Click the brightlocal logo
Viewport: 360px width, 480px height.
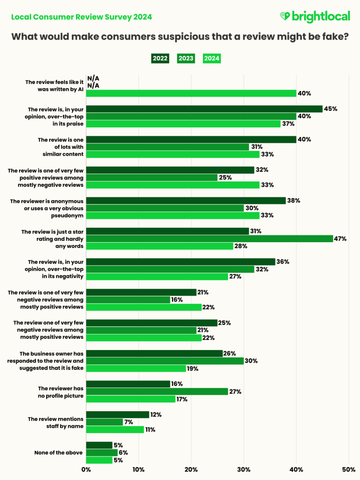(314, 17)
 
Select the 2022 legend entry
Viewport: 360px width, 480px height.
(159, 58)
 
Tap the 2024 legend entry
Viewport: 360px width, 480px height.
(211, 58)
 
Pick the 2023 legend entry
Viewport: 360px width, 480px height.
(185, 58)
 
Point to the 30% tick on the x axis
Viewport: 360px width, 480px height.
(244, 470)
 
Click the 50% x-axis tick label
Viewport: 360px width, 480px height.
(348, 470)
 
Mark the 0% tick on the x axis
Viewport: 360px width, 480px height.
(86, 470)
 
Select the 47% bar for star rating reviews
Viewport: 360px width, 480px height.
(209, 239)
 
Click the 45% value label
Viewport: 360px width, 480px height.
(330, 109)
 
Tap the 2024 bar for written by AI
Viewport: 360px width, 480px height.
(191, 93)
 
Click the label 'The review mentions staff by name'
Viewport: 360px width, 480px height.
(56, 422)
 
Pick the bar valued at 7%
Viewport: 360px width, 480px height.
(104, 422)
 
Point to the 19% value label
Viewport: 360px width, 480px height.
(193, 369)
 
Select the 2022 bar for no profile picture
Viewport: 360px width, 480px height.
(128, 384)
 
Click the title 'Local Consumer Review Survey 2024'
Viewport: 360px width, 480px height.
(81, 17)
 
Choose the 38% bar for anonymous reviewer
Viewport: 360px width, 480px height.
(186, 201)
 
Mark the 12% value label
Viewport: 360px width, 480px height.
(156, 415)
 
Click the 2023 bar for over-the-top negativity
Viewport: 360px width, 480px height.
(170, 269)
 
